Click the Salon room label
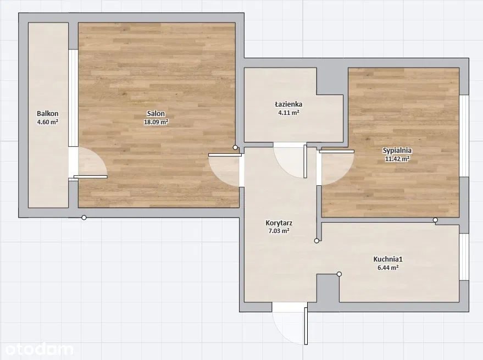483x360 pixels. tap(156, 113)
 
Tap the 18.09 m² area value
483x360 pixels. tap(156, 122)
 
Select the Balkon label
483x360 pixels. tap(47, 113)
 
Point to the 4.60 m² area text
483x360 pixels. tap(48, 122)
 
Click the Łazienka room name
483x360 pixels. tap(288, 104)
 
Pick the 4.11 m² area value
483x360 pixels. tap(288, 113)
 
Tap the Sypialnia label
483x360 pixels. tap(397, 151)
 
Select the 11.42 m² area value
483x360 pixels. tap(397, 159)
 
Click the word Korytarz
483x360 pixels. tap(279, 223)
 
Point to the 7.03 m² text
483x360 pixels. tap(279, 231)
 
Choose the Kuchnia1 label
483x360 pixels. tap(388, 259)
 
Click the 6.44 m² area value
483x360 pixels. tap(388, 268)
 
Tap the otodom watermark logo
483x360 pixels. tap(39, 350)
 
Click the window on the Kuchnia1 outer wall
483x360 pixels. tap(464, 257)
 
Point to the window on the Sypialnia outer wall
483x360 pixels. tap(464, 136)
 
